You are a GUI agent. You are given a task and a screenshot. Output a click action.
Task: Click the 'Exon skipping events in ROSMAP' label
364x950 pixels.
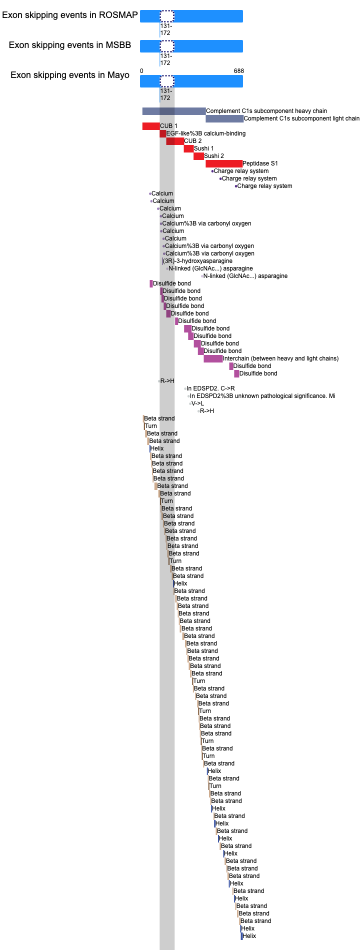coord(70,15)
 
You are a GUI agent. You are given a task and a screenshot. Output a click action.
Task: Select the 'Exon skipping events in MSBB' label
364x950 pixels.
coord(70,45)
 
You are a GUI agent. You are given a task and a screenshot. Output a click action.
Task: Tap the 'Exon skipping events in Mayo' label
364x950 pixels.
coord(70,75)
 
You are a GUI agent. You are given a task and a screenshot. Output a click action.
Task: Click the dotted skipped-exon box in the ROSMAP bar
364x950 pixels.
coord(167,16)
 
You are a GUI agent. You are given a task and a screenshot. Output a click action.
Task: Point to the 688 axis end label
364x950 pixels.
coord(239,71)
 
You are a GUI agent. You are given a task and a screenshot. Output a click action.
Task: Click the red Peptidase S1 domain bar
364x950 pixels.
coord(224,163)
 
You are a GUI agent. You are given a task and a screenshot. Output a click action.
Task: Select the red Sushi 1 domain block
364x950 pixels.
coord(188,148)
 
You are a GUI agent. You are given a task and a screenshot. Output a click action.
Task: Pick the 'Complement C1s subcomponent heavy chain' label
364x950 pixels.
coord(266,111)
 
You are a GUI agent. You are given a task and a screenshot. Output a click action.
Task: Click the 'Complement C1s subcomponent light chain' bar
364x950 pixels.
coord(224,118)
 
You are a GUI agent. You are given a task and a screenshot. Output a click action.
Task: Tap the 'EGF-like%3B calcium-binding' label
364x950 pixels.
coord(206,133)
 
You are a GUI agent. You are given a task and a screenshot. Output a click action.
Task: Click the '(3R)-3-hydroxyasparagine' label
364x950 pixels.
coord(198,261)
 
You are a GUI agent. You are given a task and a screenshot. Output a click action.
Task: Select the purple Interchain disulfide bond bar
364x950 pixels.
coord(213,358)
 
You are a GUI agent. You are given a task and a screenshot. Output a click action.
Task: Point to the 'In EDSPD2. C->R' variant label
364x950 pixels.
coord(210,388)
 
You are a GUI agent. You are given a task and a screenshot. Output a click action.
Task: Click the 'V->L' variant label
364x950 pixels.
coord(197,403)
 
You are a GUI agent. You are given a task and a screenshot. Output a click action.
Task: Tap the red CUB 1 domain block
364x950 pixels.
coord(151,126)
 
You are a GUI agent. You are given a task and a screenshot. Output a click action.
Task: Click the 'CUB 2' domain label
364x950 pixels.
coord(193,141)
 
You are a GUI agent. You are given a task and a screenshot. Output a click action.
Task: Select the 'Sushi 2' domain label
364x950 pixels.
coord(214,156)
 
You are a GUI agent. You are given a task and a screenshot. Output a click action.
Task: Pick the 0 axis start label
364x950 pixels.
coord(141,71)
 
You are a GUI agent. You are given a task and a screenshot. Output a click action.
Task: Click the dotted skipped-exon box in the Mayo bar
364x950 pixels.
coord(167,81)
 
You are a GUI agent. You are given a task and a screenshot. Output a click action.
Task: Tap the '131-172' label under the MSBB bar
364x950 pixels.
coord(165,59)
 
